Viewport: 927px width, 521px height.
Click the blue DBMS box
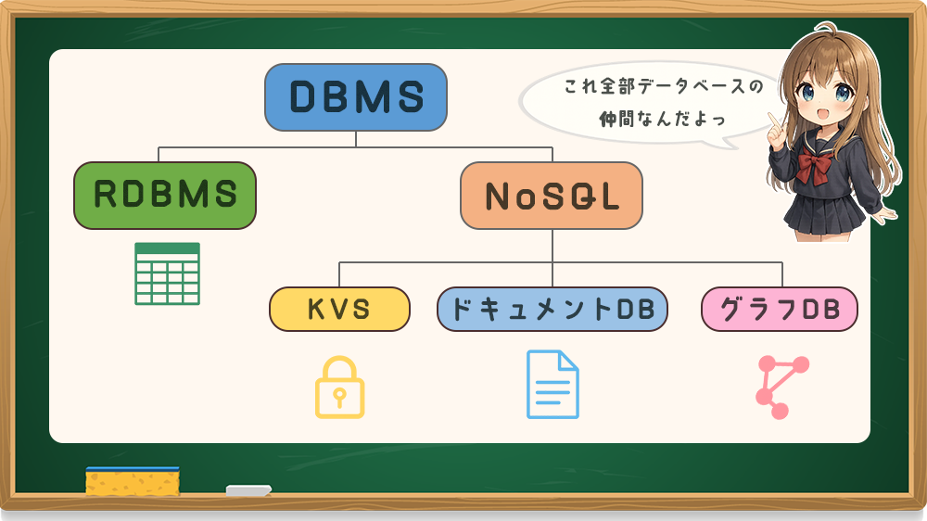356,96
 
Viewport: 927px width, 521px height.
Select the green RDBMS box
164,195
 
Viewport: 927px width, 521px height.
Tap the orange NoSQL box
552,196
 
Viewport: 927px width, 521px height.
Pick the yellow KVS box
339,309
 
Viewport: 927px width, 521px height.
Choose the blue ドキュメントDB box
552,309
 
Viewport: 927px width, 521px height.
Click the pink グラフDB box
779,309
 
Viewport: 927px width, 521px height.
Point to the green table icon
167,273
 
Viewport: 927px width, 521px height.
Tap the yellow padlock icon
339,387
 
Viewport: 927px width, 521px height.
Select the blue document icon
552,384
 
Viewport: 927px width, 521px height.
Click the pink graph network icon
781,387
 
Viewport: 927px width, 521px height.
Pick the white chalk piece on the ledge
249,489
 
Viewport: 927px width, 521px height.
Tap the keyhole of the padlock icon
339,397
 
